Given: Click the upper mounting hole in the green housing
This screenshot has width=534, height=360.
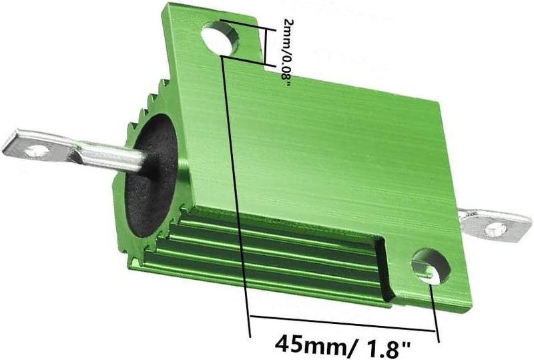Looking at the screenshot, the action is click(x=220, y=37).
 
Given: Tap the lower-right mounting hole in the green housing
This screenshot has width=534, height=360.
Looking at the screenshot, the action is click(x=431, y=266).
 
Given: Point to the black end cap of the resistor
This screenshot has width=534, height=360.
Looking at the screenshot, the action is click(x=150, y=176).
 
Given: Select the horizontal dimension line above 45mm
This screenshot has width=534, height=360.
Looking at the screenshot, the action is click(x=342, y=323).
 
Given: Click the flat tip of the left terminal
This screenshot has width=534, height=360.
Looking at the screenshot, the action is click(x=8, y=142).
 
